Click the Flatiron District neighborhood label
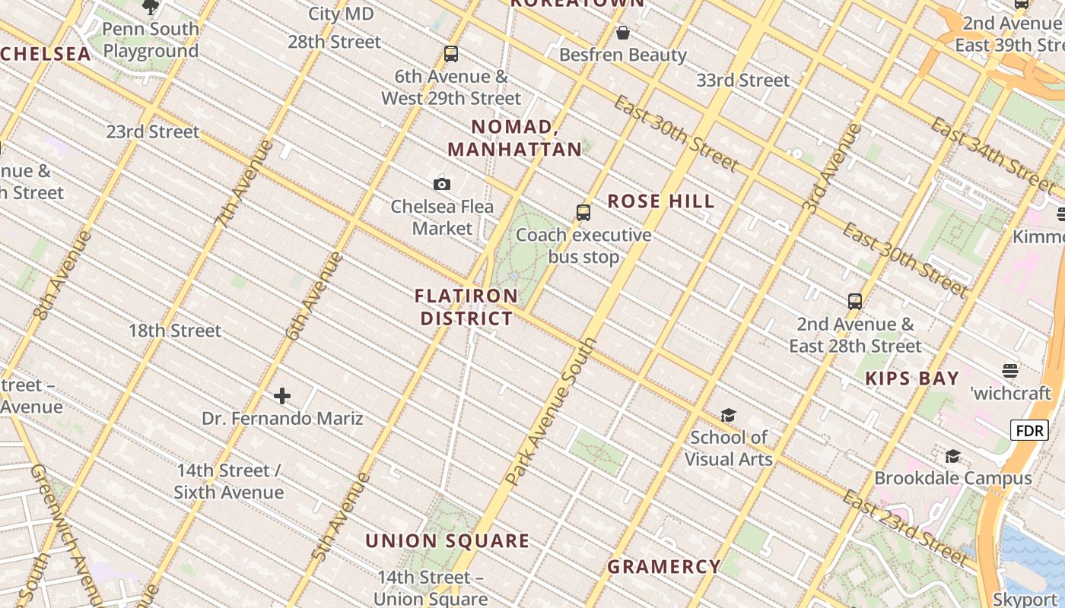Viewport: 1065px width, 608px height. [x=466, y=307]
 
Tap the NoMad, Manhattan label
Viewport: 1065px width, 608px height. [x=515, y=138]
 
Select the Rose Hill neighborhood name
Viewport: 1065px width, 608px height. [x=661, y=201]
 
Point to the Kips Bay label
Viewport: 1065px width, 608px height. [x=912, y=378]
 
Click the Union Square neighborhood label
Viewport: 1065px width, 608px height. [x=447, y=541]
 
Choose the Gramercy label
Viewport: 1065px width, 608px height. [x=664, y=566]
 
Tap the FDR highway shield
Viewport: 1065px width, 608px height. [x=1029, y=431]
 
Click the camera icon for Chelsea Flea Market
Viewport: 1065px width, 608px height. [x=442, y=184]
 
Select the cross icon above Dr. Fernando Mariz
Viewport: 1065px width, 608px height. [x=282, y=396]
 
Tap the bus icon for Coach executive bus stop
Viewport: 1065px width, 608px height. [x=583, y=213]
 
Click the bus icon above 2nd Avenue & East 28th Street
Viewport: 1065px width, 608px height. [x=855, y=302]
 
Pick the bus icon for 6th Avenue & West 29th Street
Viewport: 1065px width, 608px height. [x=451, y=54]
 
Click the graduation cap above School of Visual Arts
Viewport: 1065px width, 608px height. [x=728, y=415]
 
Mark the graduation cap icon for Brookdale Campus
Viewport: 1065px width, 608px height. [x=952, y=456]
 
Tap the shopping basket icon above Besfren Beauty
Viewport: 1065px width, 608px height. [x=623, y=33]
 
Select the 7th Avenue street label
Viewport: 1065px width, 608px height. [x=243, y=184]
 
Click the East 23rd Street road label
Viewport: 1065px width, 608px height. [x=905, y=529]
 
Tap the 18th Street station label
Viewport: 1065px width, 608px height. [x=175, y=331]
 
